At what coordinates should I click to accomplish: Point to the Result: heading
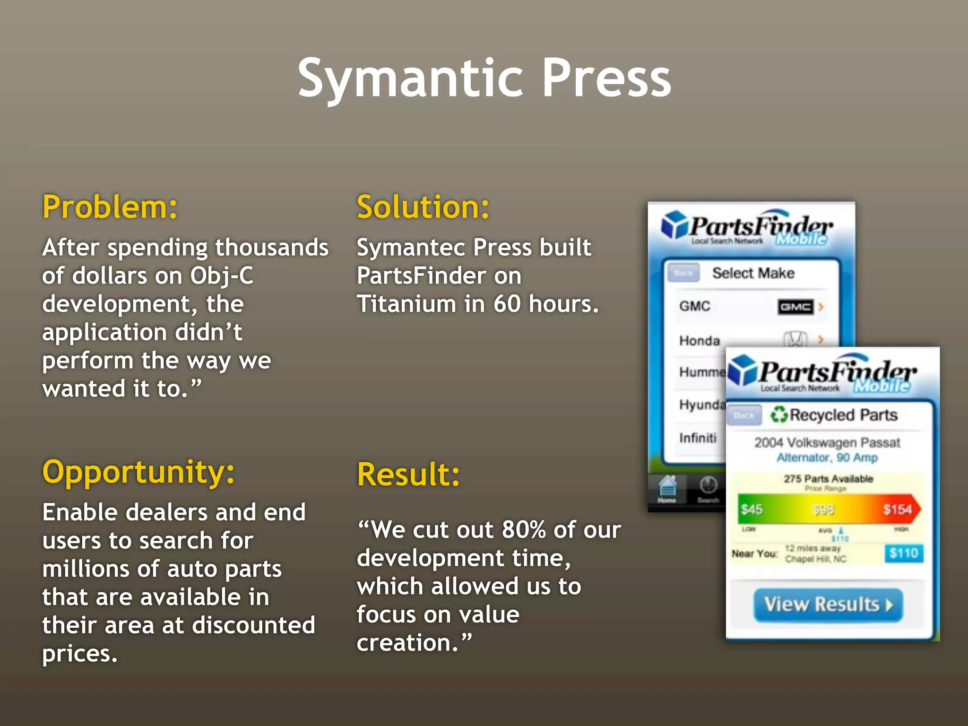(x=408, y=475)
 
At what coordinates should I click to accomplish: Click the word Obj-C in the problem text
(x=222, y=276)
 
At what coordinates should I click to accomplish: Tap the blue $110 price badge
(x=903, y=553)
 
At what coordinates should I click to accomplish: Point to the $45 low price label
(x=752, y=509)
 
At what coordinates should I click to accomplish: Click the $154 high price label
(x=897, y=509)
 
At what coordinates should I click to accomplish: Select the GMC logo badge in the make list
(x=795, y=307)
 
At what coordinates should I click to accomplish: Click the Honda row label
(x=700, y=340)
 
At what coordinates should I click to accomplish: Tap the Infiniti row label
(x=698, y=438)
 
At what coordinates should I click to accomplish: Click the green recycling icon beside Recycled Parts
(x=779, y=415)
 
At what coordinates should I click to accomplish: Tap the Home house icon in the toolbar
(x=667, y=487)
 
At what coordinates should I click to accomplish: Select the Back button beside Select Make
(x=683, y=273)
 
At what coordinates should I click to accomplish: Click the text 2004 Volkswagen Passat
(x=827, y=442)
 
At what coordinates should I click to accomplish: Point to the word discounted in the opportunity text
(x=254, y=625)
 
